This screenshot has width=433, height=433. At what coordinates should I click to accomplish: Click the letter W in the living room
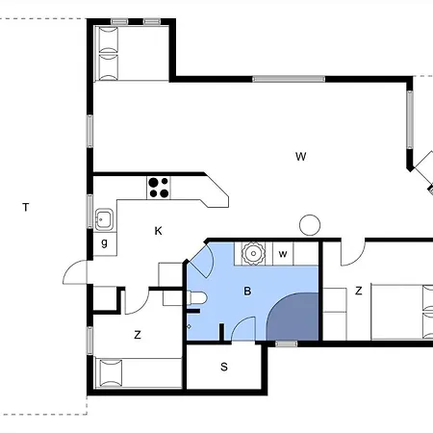tap(300, 157)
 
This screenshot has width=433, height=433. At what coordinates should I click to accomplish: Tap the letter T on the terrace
tap(26, 207)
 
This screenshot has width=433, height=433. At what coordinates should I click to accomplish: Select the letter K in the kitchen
tap(158, 231)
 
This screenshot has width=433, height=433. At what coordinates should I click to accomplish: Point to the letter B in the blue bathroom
tap(247, 291)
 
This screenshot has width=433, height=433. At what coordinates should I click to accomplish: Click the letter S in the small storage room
tap(224, 367)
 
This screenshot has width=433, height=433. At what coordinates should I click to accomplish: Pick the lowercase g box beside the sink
tap(105, 244)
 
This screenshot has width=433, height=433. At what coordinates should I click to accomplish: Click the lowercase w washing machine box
tap(283, 254)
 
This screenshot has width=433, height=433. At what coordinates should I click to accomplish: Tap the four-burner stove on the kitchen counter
tap(159, 188)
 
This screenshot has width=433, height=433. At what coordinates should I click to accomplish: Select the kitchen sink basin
tap(104, 219)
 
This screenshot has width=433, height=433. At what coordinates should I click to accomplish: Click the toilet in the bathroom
tap(196, 297)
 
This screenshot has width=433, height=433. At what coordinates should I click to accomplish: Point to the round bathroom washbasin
tap(253, 253)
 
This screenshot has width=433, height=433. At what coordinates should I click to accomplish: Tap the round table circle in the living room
tap(310, 225)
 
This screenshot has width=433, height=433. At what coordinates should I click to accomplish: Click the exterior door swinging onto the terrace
tap(75, 272)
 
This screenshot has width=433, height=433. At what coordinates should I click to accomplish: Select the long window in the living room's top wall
tap(289, 79)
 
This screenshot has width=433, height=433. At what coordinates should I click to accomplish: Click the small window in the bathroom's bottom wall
tap(287, 344)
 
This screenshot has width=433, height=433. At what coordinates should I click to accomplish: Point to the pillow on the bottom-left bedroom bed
tap(111, 373)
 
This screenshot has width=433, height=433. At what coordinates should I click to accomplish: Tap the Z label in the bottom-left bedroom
tap(138, 335)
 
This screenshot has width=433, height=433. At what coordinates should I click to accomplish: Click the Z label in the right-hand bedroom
tap(359, 291)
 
